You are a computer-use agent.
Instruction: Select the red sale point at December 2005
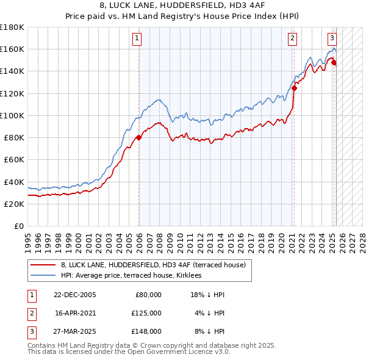click(x=139, y=137)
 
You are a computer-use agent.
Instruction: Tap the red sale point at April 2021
click(x=294, y=87)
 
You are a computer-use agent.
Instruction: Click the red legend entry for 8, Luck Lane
click(x=153, y=265)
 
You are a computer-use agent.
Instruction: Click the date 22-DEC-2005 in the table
click(x=75, y=295)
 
